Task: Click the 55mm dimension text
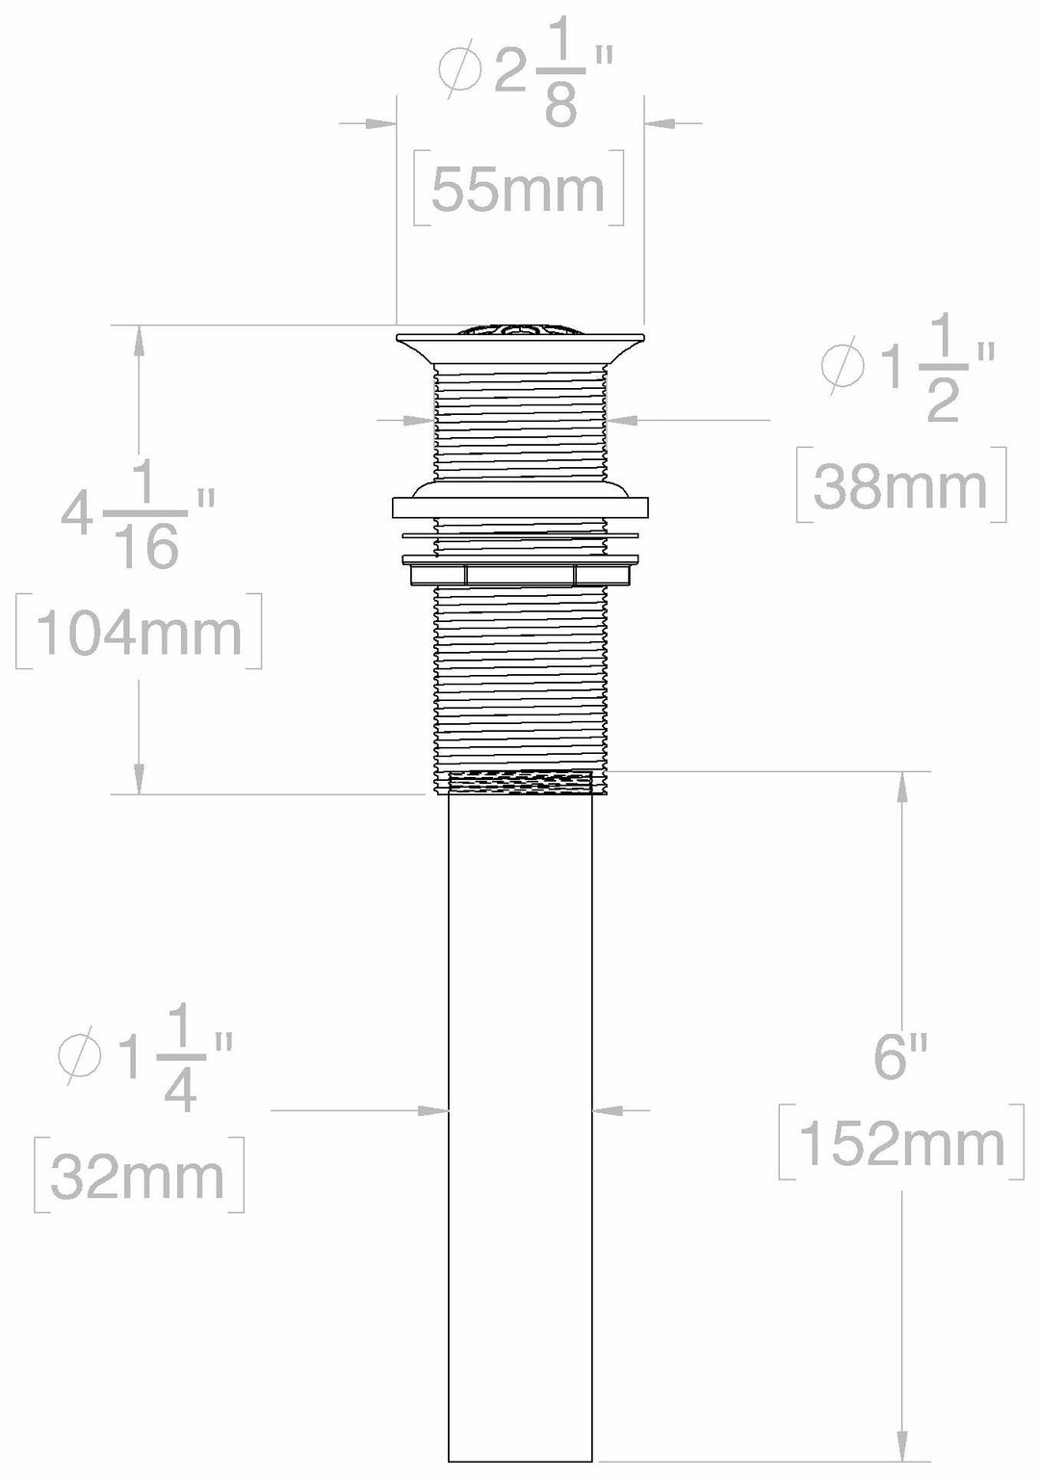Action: [518, 190]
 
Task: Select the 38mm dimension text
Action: [900, 487]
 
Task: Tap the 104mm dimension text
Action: [139, 633]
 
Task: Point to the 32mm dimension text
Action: [138, 1177]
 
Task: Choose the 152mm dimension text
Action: [902, 1144]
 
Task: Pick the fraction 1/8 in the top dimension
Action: [560, 90]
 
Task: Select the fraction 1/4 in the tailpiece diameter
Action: [180, 1065]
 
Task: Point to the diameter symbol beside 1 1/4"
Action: [80, 1055]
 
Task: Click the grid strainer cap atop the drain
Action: [520, 330]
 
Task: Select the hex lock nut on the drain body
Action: [520, 575]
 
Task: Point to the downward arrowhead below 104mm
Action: [140, 778]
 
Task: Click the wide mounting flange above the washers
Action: [520, 506]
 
